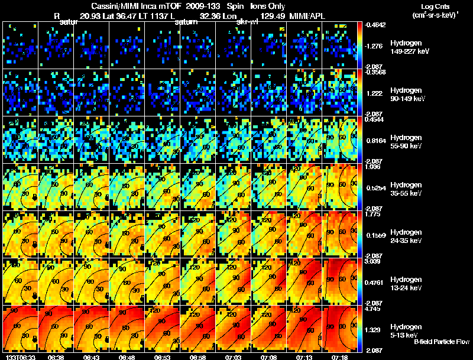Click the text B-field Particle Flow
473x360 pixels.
click(x=442, y=342)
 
